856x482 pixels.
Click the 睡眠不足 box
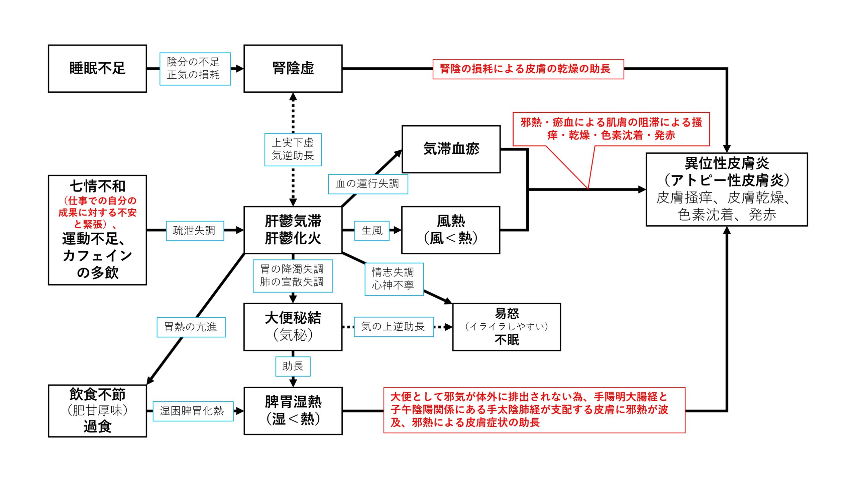click(97, 69)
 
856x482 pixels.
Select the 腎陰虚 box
click(293, 69)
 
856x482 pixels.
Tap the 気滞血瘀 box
click(451, 149)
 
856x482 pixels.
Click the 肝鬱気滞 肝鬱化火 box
click(293, 230)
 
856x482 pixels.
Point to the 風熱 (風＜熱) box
click(450, 230)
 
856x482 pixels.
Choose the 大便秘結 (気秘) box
click(293, 327)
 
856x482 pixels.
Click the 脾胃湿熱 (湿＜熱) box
click(293, 411)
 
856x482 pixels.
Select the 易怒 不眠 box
click(506, 327)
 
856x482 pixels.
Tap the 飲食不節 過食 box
click(97, 411)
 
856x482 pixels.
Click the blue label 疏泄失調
click(195, 231)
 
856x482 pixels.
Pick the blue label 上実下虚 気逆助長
click(293, 150)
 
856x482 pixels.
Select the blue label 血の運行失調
click(368, 184)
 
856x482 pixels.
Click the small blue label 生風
click(372, 231)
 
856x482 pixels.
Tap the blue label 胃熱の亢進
click(191, 327)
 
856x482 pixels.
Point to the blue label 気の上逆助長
click(394, 327)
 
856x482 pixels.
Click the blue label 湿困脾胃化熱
click(193, 411)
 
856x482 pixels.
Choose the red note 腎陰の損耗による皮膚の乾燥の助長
click(528, 69)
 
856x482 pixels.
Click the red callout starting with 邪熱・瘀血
click(611, 129)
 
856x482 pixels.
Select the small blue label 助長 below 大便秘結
click(293, 366)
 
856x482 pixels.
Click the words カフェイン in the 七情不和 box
click(97, 256)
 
